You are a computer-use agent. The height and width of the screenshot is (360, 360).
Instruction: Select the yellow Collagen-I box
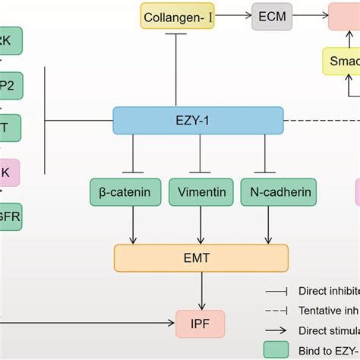tap(176, 15)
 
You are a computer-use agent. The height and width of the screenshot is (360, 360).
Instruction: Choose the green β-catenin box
tap(125, 192)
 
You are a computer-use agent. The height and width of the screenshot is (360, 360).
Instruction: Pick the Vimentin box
tap(201, 192)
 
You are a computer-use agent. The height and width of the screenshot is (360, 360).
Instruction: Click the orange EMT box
tap(201, 258)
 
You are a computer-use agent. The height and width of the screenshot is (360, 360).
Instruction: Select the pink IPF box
tap(201, 324)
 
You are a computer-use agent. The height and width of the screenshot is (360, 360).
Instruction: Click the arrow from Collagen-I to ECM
tap(228, 15)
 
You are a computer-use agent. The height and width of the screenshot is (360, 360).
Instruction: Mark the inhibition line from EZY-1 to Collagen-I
tap(176, 68)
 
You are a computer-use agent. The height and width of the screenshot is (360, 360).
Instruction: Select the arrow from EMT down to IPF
tap(201, 291)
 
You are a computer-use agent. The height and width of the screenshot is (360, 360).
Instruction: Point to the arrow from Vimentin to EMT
tap(201, 225)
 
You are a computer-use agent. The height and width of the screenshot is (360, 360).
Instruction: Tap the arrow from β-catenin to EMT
tap(134, 225)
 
